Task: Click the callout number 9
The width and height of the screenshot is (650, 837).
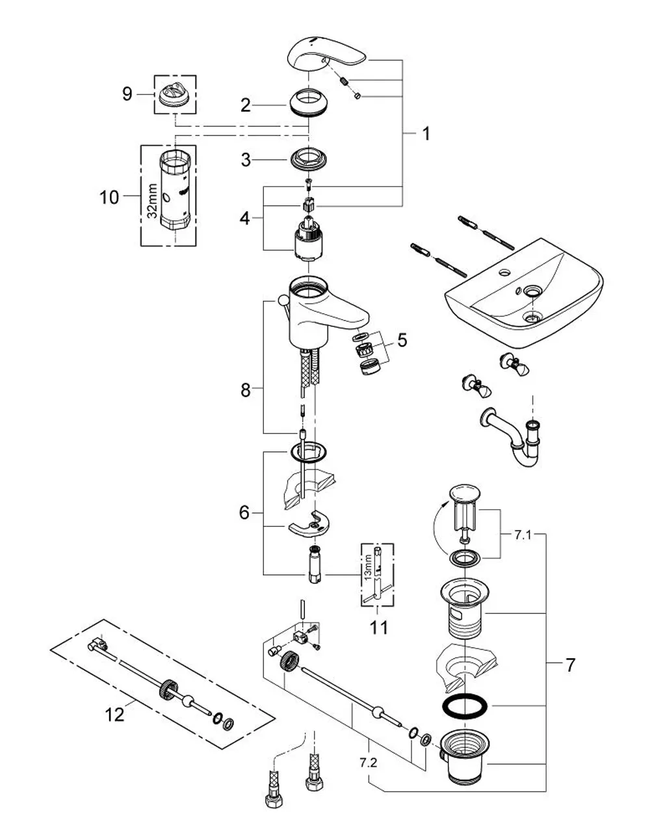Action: point(127,94)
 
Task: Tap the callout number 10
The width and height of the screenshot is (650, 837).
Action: point(109,198)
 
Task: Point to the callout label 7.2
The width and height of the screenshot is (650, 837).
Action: point(369,763)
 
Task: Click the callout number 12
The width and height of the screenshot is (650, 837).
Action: point(114,715)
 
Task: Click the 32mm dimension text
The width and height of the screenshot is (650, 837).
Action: point(153,201)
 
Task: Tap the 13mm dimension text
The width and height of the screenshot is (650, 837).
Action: point(369,567)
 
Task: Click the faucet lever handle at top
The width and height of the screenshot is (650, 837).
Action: point(326,57)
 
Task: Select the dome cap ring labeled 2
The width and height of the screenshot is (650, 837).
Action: point(309,103)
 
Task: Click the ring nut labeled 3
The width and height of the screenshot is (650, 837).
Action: point(309,158)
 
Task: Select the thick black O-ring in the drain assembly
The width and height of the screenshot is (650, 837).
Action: point(465,706)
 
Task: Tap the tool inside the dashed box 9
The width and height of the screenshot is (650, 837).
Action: point(175,95)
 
